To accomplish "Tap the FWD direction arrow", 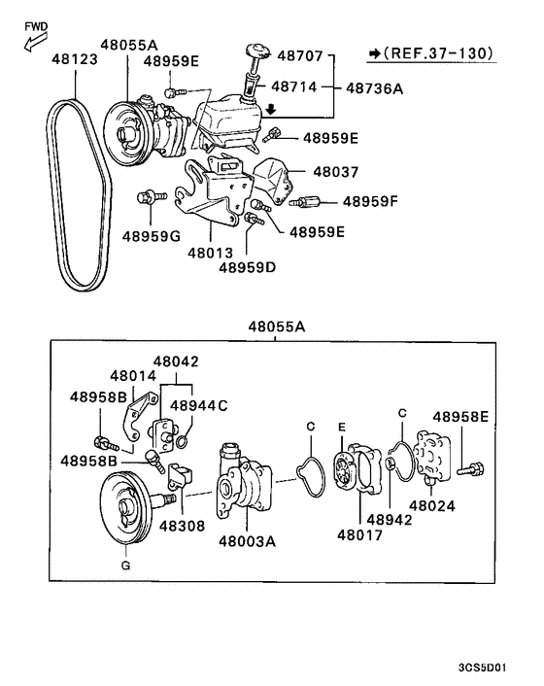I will tap(32, 39).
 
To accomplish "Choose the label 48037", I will tap(335, 171).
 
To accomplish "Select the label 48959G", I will tap(152, 234).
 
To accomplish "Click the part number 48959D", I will tap(248, 266).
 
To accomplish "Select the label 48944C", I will tap(198, 405).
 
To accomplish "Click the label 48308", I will tap(182, 525).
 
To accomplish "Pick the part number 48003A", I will tap(247, 541).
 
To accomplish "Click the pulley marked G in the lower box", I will tap(123, 509).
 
